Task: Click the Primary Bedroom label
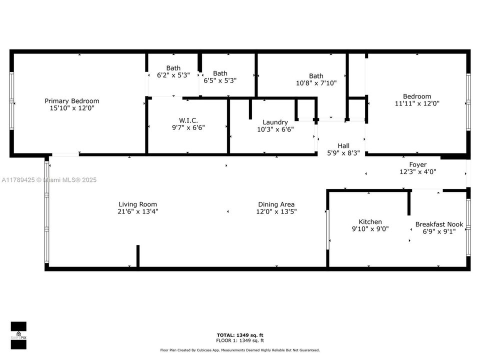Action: [x=72, y=101]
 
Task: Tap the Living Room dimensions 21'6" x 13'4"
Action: [x=138, y=211]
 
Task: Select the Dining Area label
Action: [x=276, y=204]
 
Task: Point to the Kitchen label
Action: [x=370, y=221]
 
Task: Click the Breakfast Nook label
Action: [x=439, y=224]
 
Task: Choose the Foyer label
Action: [x=418, y=164]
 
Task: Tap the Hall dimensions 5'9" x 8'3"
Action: [x=343, y=153]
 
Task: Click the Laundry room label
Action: [x=275, y=122]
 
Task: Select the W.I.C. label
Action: [x=188, y=120]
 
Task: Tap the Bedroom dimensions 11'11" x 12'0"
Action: [x=417, y=103]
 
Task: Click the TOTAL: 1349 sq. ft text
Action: [x=240, y=335]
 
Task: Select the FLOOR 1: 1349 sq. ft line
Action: [x=240, y=340]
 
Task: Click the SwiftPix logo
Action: [x=18, y=335]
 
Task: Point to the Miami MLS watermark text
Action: [x=49, y=180]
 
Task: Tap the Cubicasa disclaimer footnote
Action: [x=240, y=350]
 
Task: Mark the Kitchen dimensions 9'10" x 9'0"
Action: [x=370, y=229]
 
